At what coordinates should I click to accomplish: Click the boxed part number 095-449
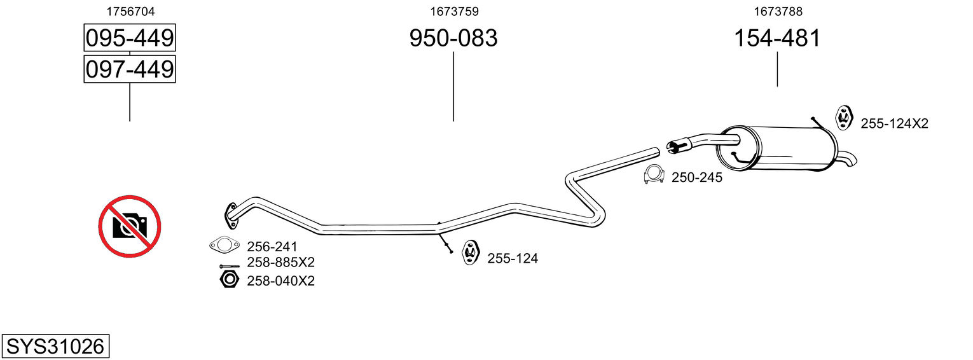(130, 39)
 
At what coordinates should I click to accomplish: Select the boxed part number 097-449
(130, 69)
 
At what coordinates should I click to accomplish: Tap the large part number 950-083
(453, 39)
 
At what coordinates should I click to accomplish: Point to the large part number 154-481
(777, 39)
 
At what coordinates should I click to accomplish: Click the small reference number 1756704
(130, 11)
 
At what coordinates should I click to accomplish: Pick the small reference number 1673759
(454, 11)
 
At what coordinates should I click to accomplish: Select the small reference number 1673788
(778, 11)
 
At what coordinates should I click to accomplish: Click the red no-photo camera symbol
(130, 226)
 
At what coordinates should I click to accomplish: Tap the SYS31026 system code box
(55, 347)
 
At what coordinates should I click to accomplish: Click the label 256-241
(272, 247)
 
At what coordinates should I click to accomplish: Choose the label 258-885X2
(280, 262)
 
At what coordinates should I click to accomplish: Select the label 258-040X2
(280, 280)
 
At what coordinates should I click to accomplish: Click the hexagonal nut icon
(229, 279)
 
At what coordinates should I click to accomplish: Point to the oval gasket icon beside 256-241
(224, 246)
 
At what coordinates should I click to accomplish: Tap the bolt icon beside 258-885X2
(229, 265)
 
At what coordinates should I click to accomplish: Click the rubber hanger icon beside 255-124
(470, 252)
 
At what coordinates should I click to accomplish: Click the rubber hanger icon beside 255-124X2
(843, 117)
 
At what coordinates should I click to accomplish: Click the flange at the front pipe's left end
(230, 214)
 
